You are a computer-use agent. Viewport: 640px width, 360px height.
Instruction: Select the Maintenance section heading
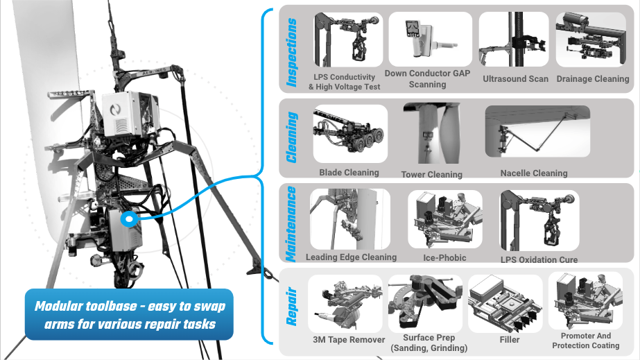(x=293, y=223)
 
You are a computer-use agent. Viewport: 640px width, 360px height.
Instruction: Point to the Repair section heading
(x=293, y=309)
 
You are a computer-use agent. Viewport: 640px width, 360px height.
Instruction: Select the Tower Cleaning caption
(x=431, y=174)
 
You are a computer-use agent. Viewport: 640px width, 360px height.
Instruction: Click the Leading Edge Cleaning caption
(x=351, y=257)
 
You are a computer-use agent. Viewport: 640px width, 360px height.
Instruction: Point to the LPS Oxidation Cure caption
(x=539, y=260)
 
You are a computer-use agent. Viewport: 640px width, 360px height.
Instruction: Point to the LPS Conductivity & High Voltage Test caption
(x=345, y=82)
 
